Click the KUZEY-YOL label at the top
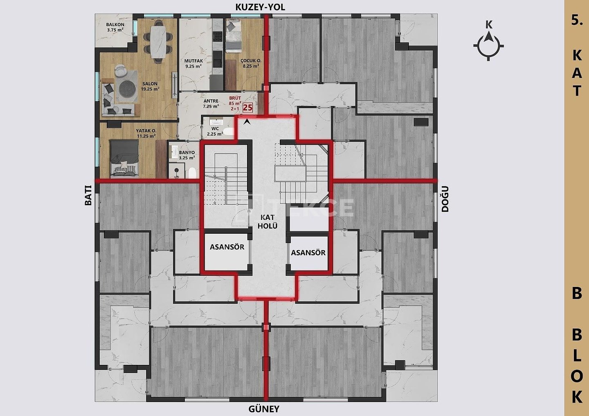260,7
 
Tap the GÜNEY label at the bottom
264,409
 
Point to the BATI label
88,195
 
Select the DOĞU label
445,199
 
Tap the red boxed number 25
248,107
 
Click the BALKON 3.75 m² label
115,27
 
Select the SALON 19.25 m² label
150,86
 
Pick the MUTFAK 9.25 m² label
193,64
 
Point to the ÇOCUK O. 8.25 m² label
251,64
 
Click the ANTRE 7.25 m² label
211,103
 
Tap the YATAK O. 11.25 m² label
146,133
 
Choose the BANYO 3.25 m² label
187,155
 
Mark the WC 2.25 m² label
215,131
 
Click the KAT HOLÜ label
268,221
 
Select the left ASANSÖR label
227,247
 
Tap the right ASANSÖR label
308,253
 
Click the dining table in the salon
158,42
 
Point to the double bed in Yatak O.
124,157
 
